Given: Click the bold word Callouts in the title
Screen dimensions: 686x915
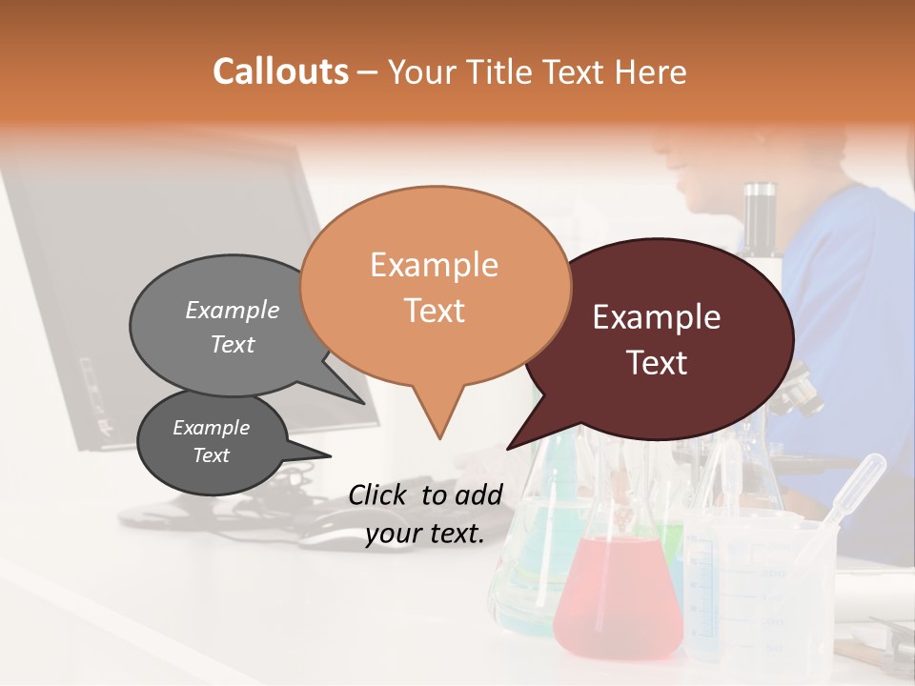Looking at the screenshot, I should (x=280, y=71).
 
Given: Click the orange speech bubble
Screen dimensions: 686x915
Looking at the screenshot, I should (x=435, y=286).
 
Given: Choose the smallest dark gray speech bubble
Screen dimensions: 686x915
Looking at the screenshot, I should (x=212, y=442).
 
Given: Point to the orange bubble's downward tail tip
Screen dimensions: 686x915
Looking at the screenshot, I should (x=439, y=437).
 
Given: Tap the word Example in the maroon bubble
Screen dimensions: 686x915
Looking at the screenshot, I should (x=657, y=317).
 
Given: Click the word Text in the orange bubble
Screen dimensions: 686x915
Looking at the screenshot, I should (x=435, y=311).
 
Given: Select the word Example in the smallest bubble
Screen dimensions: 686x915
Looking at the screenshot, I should (x=212, y=429).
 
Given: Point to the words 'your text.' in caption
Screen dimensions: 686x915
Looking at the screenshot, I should (x=425, y=534).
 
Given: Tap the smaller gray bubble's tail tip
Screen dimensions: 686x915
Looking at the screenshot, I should (x=330, y=456).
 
